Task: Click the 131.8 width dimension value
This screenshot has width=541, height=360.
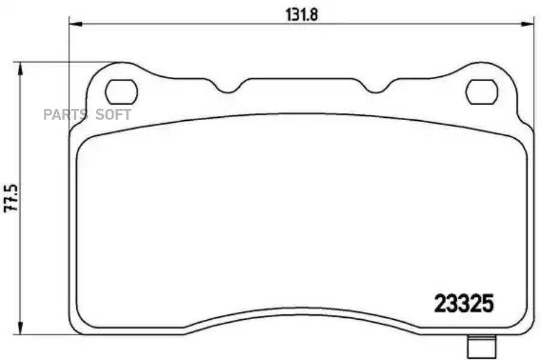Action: click(x=301, y=11)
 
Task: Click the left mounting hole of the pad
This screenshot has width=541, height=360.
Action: click(x=121, y=91)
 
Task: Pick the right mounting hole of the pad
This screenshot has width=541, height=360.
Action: click(x=482, y=91)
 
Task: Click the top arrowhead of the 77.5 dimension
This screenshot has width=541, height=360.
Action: click(x=22, y=67)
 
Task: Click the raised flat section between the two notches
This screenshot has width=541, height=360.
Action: click(x=302, y=80)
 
